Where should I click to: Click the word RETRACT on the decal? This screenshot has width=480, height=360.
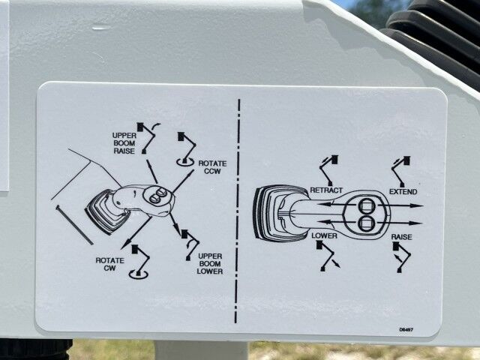(325, 190)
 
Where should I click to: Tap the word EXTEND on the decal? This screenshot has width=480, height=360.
(403, 191)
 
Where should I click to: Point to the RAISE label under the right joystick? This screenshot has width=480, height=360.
(401, 237)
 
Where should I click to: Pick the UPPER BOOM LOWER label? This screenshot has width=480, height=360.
(210, 264)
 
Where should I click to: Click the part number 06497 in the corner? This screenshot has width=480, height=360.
(406, 329)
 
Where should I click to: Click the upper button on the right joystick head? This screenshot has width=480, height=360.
(367, 205)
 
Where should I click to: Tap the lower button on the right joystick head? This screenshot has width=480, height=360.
(367, 222)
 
